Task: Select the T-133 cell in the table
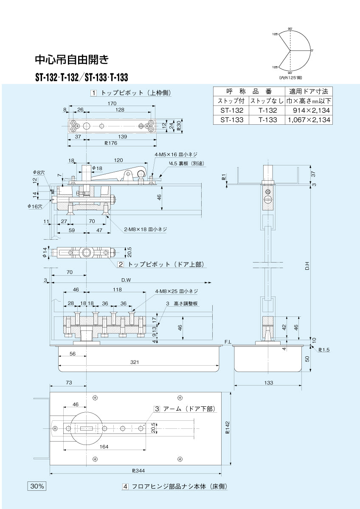click(267, 120)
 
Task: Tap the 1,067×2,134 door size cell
click(309, 120)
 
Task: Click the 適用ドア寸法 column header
click(309, 91)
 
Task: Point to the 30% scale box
click(37, 486)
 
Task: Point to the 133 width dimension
click(268, 383)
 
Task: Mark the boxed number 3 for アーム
click(157, 409)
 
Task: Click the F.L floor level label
click(228, 341)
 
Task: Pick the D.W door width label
click(126, 280)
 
